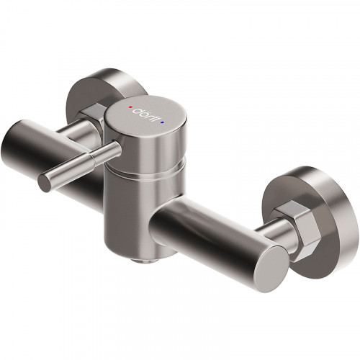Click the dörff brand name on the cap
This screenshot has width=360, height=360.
pyautogui.click(x=148, y=116)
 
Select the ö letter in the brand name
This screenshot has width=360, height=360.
pyautogui.click(x=144, y=114)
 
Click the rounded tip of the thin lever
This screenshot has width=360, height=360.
pyautogui.click(x=45, y=183)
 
